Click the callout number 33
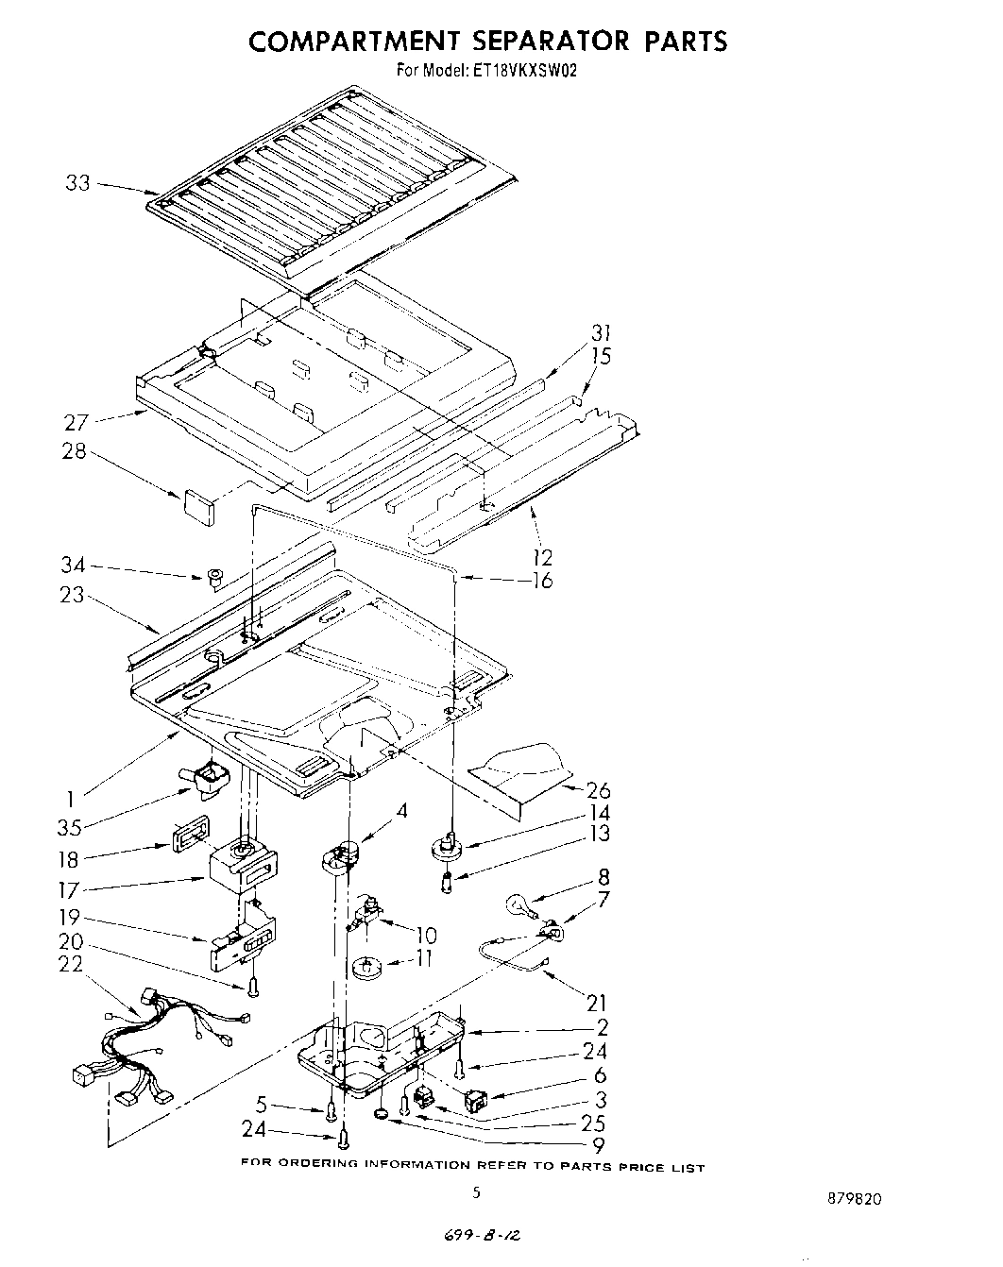pyautogui.click(x=78, y=182)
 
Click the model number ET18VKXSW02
pyautogui.click(x=520, y=69)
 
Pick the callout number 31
pyautogui.click(x=601, y=332)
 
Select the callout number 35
pyautogui.click(x=69, y=828)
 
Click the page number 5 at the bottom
pyautogui.click(x=477, y=1192)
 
